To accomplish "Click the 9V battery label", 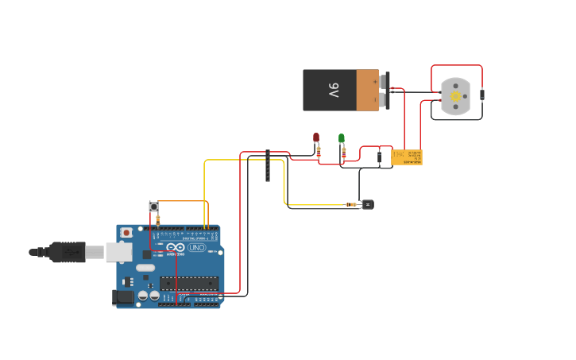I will point(334,90).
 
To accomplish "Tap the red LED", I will point(316,137).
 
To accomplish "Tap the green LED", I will point(342,138).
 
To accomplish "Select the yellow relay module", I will point(407,157).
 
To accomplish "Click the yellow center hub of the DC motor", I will point(455,96).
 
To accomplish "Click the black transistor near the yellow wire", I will point(368,204).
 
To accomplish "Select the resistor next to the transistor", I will point(351,204).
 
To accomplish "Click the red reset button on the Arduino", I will point(126,233).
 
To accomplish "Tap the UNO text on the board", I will point(196,248).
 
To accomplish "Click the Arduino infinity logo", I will point(176,248).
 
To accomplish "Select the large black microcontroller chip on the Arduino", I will point(189,283).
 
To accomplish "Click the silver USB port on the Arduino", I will point(118,252).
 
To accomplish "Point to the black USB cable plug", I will point(68,252).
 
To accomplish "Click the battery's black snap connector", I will point(386,90).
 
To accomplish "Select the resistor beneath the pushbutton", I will point(157,220).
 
